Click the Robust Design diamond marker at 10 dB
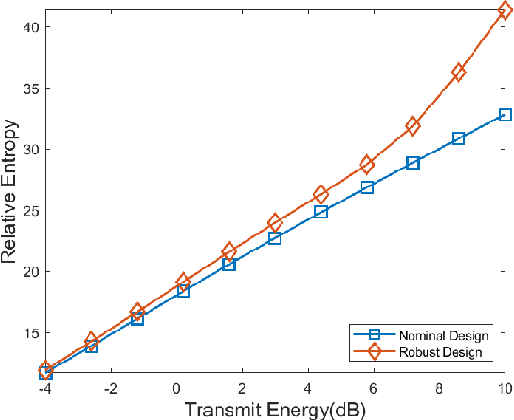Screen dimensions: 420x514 click(x=505, y=11)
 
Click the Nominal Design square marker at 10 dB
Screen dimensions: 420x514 click(x=505, y=115)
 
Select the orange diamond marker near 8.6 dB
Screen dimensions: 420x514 click(x=458, y=73)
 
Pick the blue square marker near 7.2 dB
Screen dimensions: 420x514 click(x=412, y=163)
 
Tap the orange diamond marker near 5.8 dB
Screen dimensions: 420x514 click(x=367, y=165)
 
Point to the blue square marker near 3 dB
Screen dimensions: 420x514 click(x=275, y=238)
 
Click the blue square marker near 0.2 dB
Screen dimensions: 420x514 click(x=184, y=291)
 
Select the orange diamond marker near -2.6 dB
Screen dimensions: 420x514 click(x=91, y=340)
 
